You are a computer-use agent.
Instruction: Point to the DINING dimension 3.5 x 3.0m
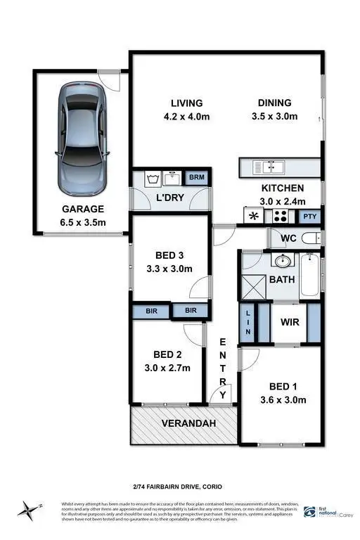click(275, 116)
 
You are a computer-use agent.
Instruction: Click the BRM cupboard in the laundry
click(196, 177)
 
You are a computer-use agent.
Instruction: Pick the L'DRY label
click(169, 198)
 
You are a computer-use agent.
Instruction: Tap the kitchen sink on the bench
click(267, 167)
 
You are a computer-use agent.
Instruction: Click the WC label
click(288, 238)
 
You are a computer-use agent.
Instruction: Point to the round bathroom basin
click(283, 262)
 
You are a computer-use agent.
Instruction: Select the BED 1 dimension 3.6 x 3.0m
click(286, 400)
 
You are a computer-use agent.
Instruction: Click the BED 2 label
click(167, 354)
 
